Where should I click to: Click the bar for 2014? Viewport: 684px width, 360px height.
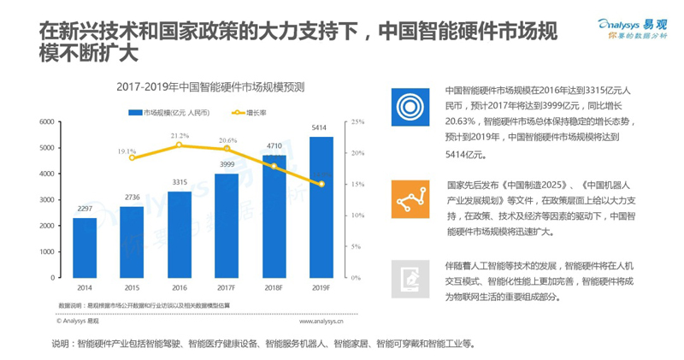coord(84,248)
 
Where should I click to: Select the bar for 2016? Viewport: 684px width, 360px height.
coord(179,234)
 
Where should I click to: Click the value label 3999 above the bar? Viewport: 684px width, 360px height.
coord(227,164)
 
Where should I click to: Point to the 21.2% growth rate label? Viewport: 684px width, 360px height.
coord(180,135)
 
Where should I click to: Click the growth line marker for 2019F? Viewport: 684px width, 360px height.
coord(321,184)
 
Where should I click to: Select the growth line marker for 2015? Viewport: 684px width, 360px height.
coord(132,157)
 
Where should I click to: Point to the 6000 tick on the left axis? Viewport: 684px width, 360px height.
coord(47,122)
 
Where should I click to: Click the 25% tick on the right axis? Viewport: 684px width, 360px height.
coord(357,122)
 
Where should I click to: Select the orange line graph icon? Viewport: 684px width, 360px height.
coord(410,199)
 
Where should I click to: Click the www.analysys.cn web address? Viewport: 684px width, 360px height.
coord(321,323)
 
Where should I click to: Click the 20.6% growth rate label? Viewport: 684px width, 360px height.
coord(227,140)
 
